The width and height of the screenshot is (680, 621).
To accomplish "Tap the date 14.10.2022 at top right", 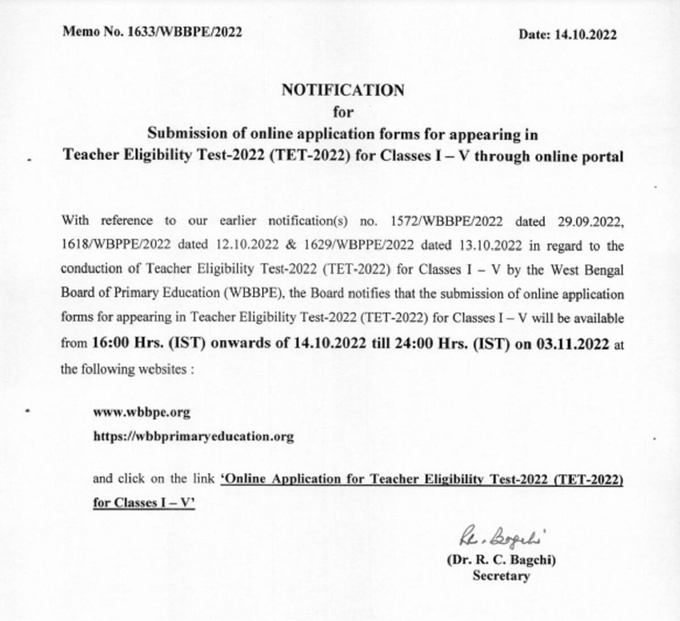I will click(x=585, y=35).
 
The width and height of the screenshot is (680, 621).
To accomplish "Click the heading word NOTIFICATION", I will click(x=343, y=90).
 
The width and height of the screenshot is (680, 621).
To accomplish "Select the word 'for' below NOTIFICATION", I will click(x=343, y=112).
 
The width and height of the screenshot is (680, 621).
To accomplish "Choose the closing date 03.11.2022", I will click(x=573, y=344).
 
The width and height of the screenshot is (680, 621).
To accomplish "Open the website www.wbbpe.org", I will click(x=142, y=412).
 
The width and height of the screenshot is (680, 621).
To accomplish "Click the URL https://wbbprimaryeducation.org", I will click(x=193, y=436).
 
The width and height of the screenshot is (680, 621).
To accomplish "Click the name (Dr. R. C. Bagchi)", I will click(x=501, y=560).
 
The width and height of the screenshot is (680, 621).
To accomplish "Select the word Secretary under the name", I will click(x=501, y=576).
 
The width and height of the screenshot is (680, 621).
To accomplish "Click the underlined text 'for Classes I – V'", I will click(x=144, y=503).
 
